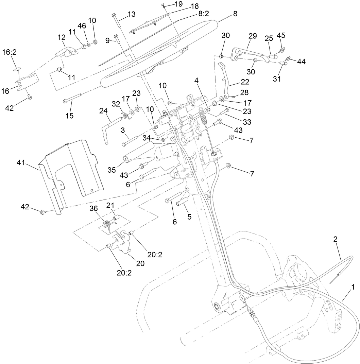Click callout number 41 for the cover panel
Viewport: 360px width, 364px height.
click(21, 163)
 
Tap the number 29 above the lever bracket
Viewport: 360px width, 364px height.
click(252, 36)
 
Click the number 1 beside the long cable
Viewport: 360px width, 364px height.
click(353, 287)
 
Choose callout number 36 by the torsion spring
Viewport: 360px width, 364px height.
click(93, 209)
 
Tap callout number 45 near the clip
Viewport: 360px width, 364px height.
click(281, 36)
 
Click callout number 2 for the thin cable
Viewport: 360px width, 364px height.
click(336, 239)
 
